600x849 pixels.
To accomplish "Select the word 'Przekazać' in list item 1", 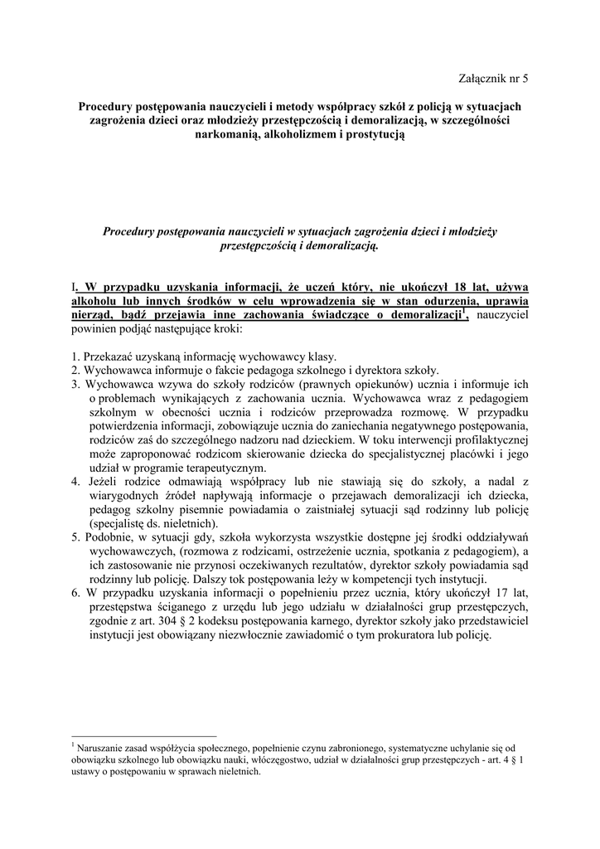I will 111,357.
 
